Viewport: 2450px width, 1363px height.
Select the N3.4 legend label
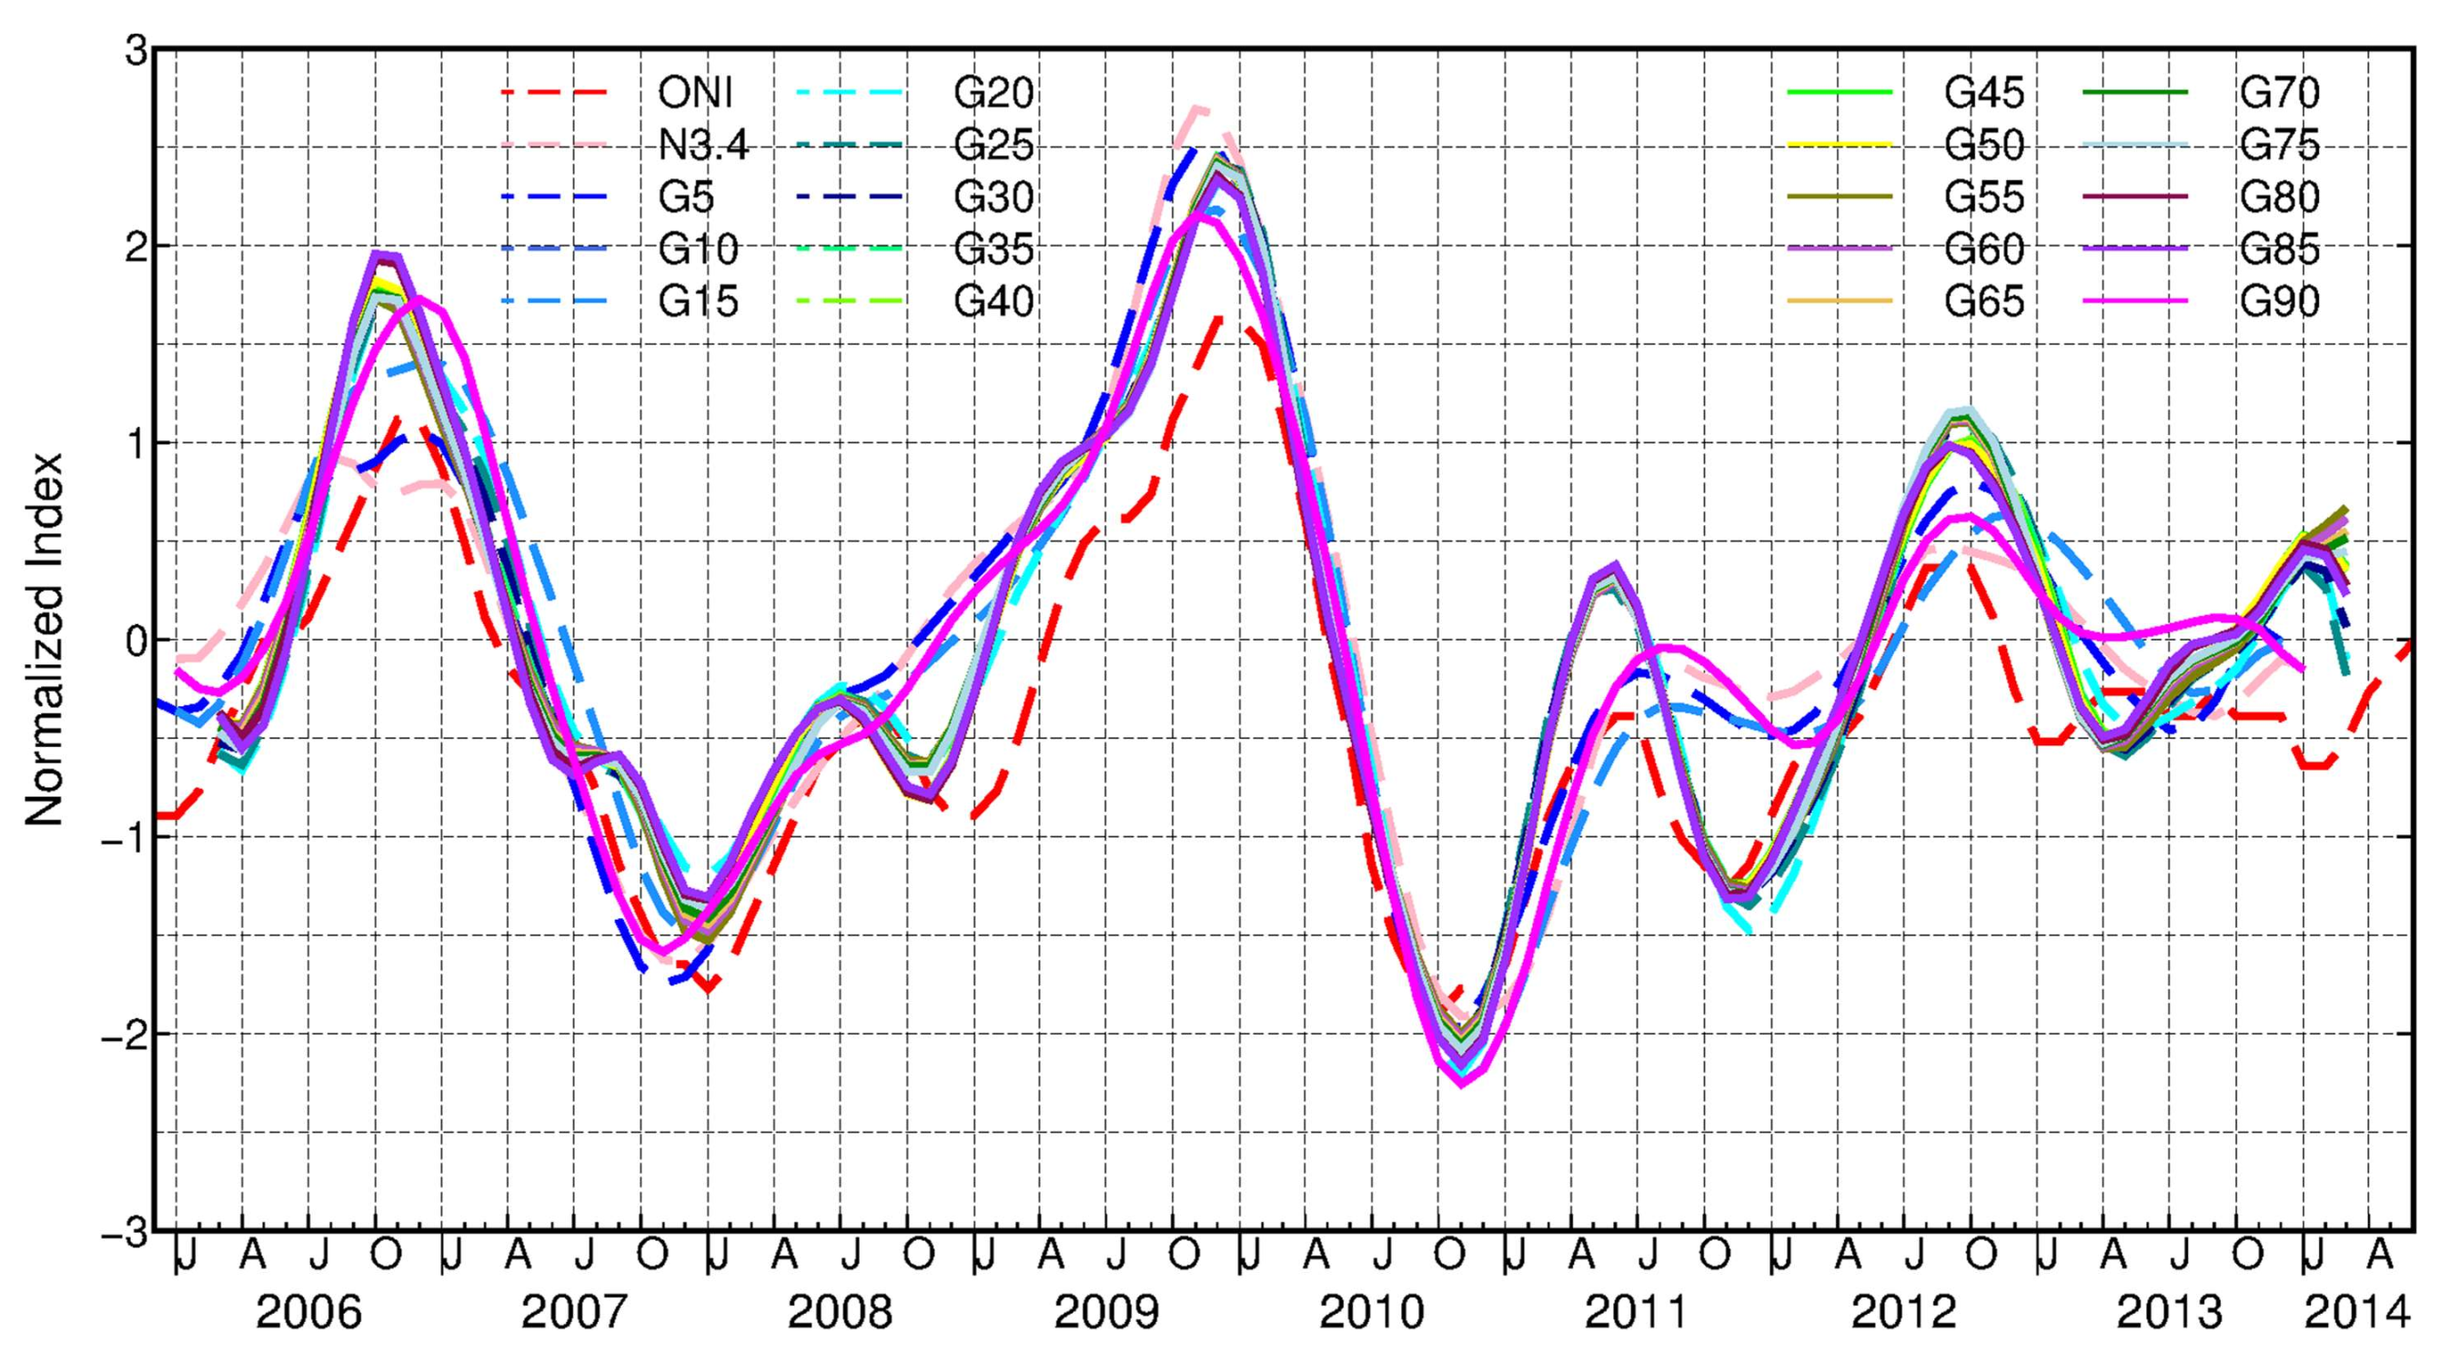coord(703,145)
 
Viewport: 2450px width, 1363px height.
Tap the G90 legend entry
coord(2279,301)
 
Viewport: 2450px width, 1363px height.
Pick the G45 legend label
coord(1984,92)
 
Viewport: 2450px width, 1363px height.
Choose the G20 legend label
coord(993,92)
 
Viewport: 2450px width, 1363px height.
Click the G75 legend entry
coord(2279,145)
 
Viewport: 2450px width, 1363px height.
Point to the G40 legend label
coord(993,301)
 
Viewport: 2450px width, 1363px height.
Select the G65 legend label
coord(1984,301)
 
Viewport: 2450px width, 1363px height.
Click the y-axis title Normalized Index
coord(43,639)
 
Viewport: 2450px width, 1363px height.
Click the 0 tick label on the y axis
coord(137,639)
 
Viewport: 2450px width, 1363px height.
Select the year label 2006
coord(309,1314)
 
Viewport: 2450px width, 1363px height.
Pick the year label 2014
coord(2357,1314)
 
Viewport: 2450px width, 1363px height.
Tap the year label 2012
coord(1903,1314)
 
